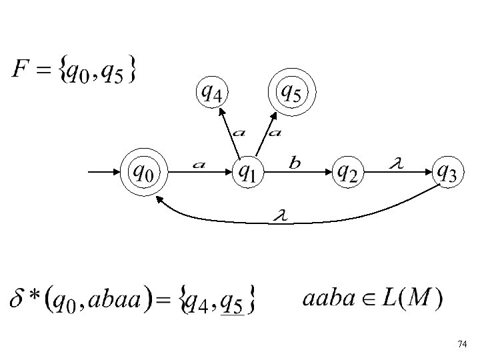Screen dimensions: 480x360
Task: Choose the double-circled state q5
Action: pyautogui.click(x=291, y=91)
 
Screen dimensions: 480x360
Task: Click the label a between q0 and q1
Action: pyautogui.click(x=198, y=163)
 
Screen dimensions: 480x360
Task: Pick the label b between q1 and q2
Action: pyautogui.click(x=295, y=162)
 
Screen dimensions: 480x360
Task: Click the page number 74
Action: pyautogui.click(x=463, y=344)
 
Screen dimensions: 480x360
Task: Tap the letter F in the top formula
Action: pyautogui.click(x=20, y=69)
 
